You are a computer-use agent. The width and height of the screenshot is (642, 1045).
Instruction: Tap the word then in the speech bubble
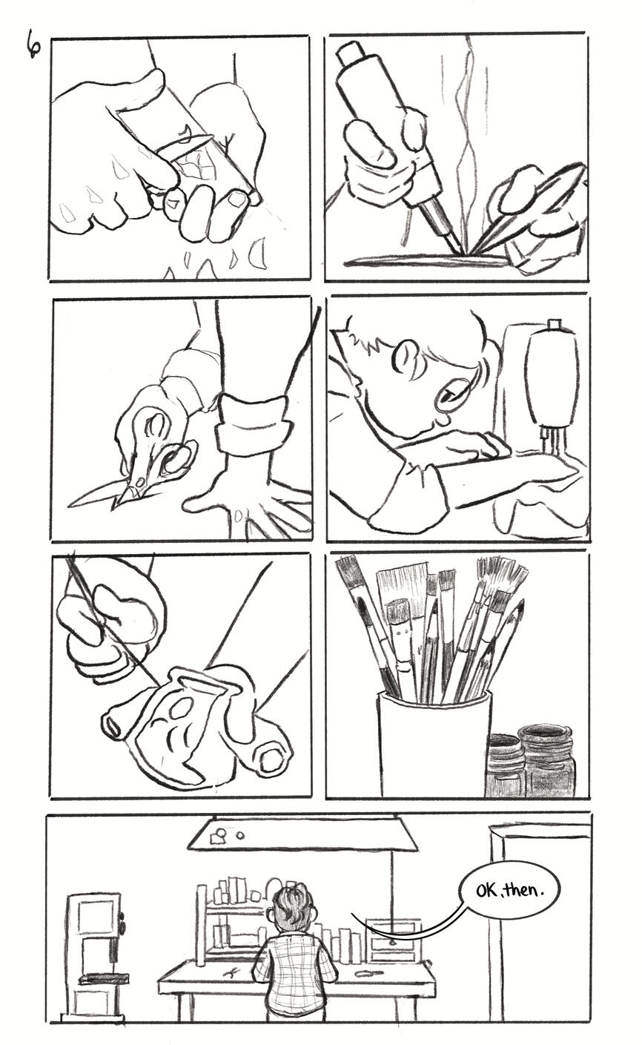tap(525, 890)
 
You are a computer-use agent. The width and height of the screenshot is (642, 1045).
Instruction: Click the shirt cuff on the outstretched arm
tap(254, 422)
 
